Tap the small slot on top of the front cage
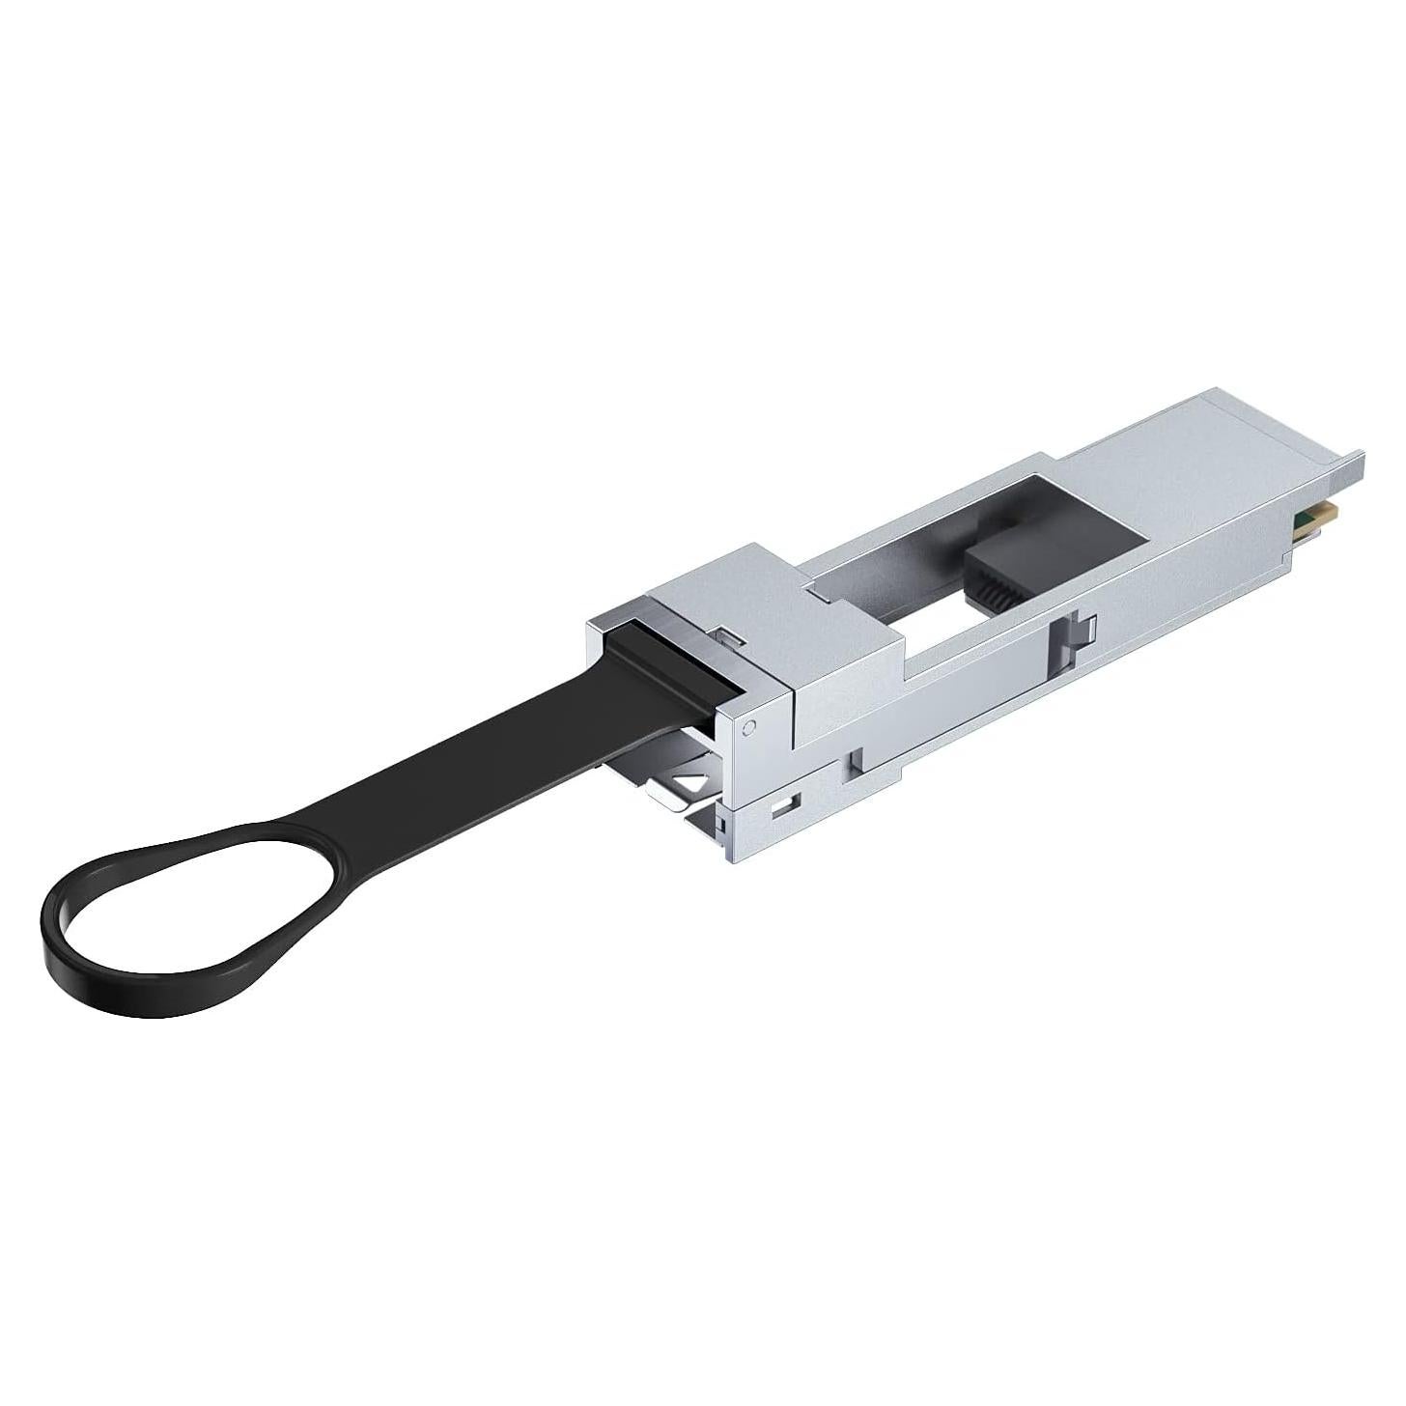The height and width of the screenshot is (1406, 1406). [731, 634]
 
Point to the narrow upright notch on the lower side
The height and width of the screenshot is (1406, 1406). [854, 762]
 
